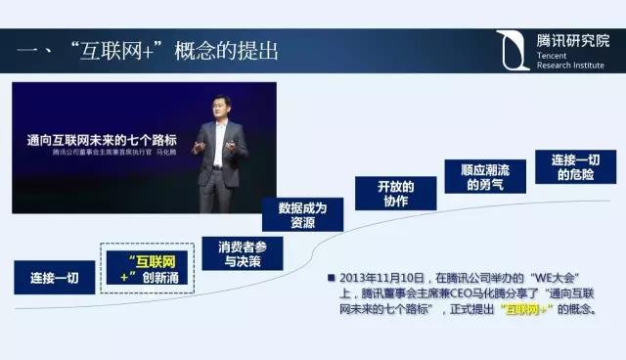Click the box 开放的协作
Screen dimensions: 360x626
tap(395, 193)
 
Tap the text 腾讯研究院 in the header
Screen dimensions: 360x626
tap(572, 41)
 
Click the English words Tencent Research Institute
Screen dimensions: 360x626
tap(565, 64)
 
